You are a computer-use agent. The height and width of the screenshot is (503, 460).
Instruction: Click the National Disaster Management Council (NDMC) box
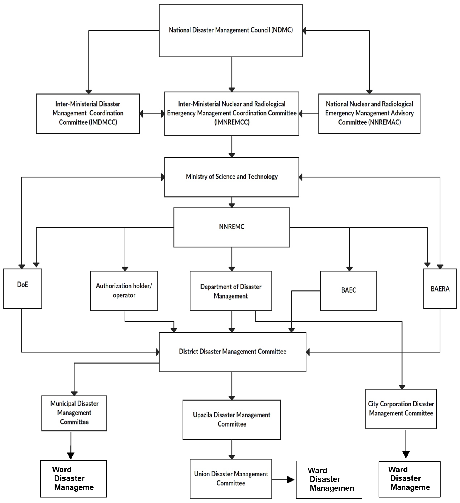(231, 31)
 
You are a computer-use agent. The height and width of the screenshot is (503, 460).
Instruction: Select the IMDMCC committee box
(88, 114)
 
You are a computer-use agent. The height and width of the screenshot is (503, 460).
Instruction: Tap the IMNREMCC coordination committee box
(232, 114)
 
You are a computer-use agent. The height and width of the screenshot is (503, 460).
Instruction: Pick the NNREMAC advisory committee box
(369, 114)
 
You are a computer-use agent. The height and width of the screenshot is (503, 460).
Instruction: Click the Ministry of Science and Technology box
(232, 177)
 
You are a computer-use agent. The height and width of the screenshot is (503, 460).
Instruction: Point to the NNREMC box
(232, 227)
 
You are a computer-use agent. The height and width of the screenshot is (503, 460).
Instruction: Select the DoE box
(23, 288)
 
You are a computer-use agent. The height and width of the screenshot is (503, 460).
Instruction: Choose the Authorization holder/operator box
(124, 291)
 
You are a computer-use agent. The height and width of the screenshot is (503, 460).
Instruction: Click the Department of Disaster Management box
(231, 291)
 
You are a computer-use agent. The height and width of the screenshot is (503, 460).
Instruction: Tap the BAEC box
(348, 291)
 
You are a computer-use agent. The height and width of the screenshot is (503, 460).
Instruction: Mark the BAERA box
(440, 288)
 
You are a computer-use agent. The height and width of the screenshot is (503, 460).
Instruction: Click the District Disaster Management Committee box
(233, 352)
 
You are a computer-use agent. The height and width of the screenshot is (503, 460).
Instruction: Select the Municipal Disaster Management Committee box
(74, 413)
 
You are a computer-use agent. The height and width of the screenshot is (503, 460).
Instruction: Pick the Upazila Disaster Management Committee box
(232, 420)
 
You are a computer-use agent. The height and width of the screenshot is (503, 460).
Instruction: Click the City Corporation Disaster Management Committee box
(401, 409)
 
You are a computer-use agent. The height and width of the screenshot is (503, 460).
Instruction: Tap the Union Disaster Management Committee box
(231, 479)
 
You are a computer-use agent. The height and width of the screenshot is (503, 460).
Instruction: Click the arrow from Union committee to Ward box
(283, 480)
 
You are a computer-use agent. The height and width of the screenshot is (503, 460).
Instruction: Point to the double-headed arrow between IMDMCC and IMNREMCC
(152, 114)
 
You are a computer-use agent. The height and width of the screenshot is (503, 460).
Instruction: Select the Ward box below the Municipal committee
(74, 478)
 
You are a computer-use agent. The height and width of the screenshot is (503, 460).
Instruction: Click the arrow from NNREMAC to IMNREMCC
(309, 114)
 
